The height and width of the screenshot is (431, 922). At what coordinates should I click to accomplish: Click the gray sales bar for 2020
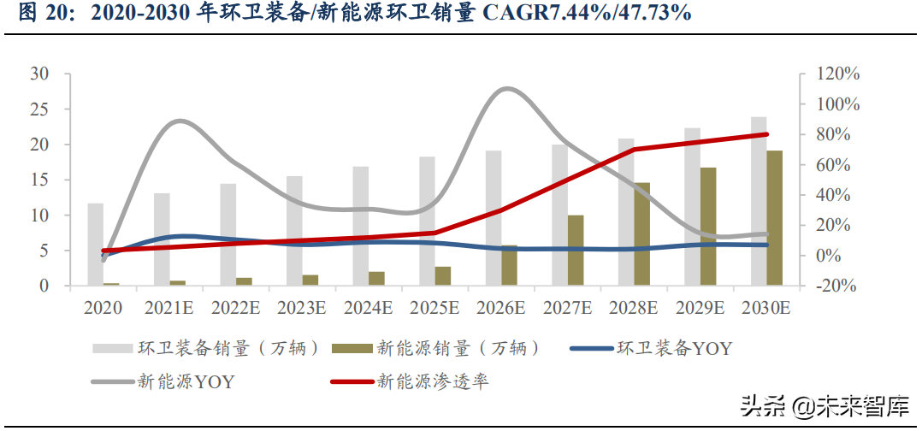(x=95, y=245)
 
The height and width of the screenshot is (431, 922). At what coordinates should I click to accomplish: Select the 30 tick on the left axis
(x=40, y=74)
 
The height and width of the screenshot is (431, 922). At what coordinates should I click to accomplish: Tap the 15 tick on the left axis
(x=40, y=180)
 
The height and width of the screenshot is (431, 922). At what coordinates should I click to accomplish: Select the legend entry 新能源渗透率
(x=433, y=381)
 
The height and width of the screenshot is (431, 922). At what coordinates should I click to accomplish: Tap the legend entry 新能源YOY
(x=186, y=381)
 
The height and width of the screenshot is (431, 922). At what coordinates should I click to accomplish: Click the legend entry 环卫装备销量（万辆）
(x=229, y=348)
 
